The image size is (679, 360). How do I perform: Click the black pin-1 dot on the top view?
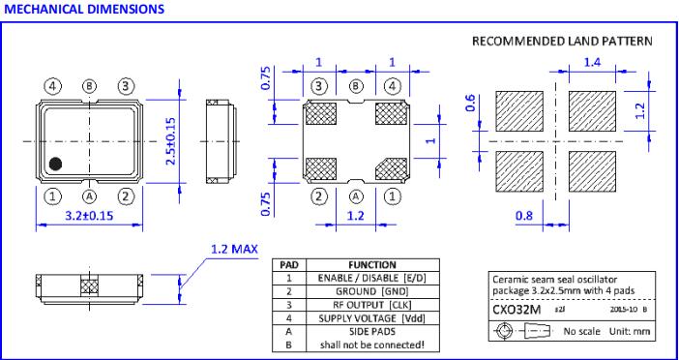coord(55,164)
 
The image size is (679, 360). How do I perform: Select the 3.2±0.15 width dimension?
coord(89,215)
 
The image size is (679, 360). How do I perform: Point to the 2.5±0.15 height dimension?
coord(171,141)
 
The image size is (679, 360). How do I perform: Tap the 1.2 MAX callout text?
coord(234,249)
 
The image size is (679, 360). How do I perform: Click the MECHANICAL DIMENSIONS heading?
coord(84,9)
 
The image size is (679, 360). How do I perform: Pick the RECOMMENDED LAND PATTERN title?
coord(562,42)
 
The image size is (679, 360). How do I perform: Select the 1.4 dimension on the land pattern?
coord(592,62)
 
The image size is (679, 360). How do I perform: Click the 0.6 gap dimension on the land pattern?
coord(471,104)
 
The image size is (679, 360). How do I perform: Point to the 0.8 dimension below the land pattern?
coord(524,215)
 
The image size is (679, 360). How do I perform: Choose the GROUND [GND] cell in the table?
coord(372,291)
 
